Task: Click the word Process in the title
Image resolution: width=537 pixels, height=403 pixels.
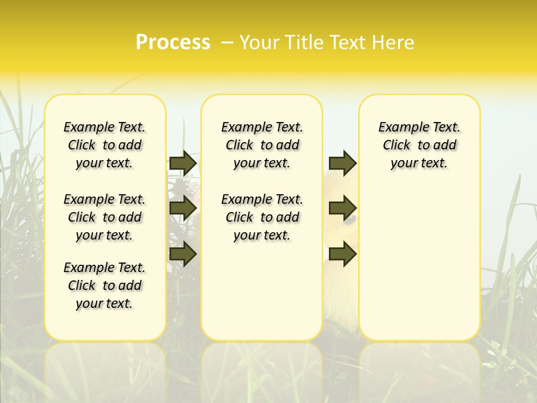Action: tap(173, 42)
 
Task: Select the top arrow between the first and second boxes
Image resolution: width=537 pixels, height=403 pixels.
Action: tap(183, 163)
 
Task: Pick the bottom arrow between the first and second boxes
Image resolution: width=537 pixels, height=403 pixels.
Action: tap(183, 254)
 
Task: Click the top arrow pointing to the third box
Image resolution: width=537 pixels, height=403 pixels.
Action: tap(342, 163)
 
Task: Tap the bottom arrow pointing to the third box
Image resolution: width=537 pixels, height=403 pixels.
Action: tap(342, 254)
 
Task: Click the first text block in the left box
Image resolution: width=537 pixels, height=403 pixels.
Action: tap(105, 145)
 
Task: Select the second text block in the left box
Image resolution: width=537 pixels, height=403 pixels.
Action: tap(105, 217)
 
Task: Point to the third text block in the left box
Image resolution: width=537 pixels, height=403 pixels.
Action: tap(105, 285)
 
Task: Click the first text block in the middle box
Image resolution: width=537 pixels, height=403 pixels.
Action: tap(262, 145)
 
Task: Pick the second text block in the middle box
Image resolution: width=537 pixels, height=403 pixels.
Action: tap(262, 217)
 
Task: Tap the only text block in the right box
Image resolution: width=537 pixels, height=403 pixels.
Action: tap(419, 145)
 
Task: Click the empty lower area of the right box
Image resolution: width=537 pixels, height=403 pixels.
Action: tap(419, 263)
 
